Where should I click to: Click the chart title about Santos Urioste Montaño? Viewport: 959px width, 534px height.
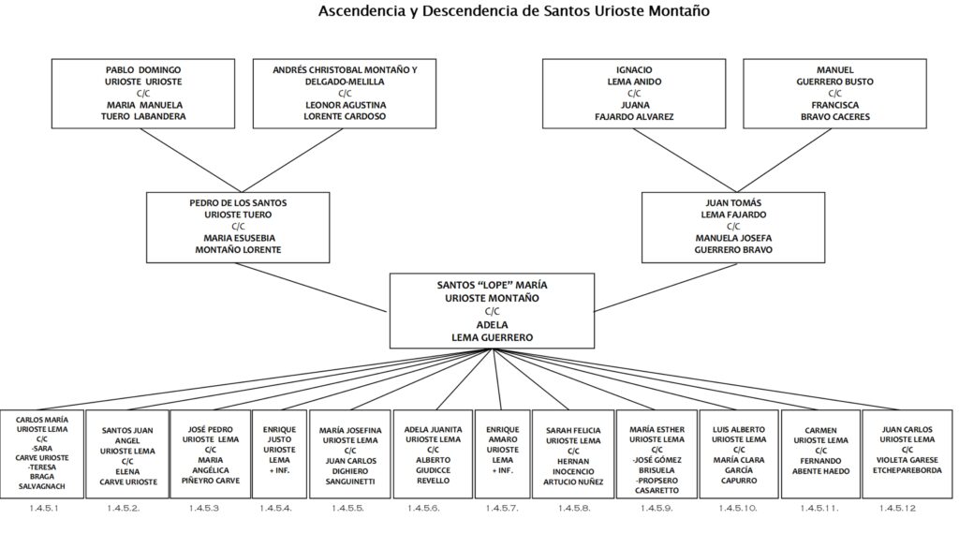coord(514,11)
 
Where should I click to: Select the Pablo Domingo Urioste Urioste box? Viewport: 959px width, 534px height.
coord(143,94)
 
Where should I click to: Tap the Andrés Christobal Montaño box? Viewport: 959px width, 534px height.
coord(345,94)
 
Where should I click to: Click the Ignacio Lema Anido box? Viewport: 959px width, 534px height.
coord(634,94)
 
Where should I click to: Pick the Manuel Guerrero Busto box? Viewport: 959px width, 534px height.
coord(834,94)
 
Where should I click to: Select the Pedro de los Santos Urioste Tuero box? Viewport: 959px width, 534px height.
coord(238,228)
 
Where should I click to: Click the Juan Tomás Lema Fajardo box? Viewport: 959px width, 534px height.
coord(733,228)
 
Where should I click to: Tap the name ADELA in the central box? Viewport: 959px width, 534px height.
coord(493,325)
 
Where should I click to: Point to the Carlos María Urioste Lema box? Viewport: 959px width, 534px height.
coord(42,453)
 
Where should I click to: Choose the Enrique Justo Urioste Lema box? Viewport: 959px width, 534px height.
coord(279,453)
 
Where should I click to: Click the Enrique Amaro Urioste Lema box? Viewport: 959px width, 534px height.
coord(502,453)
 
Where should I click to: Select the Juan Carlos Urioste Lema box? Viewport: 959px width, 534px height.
coord(907,453)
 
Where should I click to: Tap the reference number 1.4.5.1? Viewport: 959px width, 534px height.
coord(44,509)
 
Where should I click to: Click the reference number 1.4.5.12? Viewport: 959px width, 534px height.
coord(897,509)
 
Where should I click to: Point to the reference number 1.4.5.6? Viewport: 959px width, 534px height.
coord(423,509)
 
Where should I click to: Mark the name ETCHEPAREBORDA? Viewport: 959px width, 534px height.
coord(907,470)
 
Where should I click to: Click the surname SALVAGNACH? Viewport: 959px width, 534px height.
coord(41,486)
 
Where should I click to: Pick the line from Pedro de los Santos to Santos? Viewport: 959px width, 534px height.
coord(312,288)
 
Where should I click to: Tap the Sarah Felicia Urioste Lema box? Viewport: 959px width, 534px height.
coord(573,453)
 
